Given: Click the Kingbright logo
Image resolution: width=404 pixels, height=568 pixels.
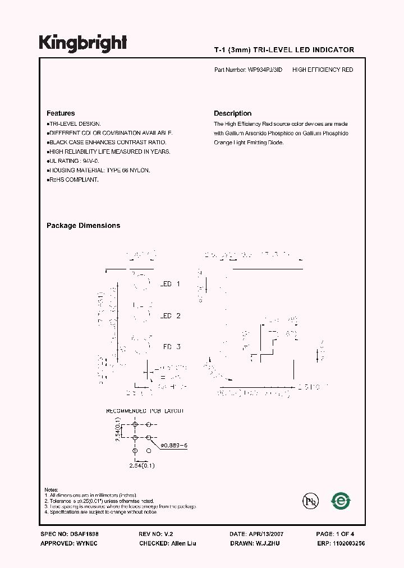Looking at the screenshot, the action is pyautogui.click(x=83, y=43).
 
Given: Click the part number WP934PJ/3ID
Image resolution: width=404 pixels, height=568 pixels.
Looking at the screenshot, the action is pyautogui.click(x=265, y=70).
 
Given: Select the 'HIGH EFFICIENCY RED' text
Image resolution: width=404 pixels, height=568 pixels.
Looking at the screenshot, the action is pyautogui.click(x=323, y=70).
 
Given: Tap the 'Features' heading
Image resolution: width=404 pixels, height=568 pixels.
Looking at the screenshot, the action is pyautogui.click(x=61, y=113).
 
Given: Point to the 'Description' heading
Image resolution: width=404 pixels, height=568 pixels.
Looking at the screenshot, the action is pyautogui.click(x=233, y=113).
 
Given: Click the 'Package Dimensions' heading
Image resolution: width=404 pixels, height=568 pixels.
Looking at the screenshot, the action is pyautogui.click(x=83, y=226).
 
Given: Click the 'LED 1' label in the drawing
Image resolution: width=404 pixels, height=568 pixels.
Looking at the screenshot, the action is pyautogui.click(x=170, y=284).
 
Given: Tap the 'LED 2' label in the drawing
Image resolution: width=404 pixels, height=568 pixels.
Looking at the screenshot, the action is pyautogui.click(x=170, y=316).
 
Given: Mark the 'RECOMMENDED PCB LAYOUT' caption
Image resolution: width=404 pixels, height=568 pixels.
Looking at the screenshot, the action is pyautogui.click(x=145, y=411).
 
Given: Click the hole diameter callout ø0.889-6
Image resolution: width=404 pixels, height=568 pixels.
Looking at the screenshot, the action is pyautogui.click(x=173, y=445).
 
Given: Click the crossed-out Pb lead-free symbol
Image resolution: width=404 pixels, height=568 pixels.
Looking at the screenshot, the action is pyautogui.click(x=309, y=501).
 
